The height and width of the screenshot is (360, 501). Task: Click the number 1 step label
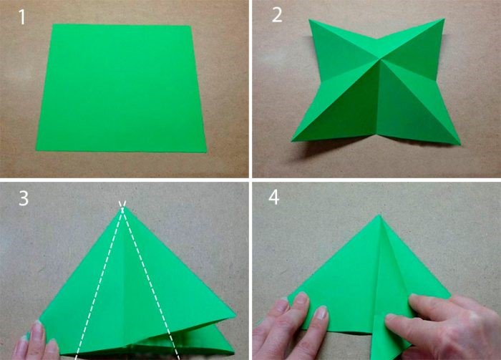tap(22, 17)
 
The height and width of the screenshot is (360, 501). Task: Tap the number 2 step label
tap(277, 15)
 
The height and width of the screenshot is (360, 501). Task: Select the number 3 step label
tap(24, 198)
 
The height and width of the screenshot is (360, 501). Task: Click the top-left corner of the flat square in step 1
tap(52, 24)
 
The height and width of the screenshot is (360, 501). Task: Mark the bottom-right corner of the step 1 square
tap(206, 152)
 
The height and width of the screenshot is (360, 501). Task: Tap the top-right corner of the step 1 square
tap(191, 26)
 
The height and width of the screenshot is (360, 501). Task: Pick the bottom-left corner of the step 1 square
tap(37, 150)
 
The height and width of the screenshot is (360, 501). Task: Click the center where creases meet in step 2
tap(380, 59)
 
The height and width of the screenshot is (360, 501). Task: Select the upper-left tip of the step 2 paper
tap(309, 20)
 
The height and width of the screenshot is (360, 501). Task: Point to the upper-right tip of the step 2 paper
tap(444, 19)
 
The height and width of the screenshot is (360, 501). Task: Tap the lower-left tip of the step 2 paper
tap(292, 140)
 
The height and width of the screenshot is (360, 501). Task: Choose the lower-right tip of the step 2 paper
tap(460, 145)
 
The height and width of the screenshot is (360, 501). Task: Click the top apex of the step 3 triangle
tap(122, 208)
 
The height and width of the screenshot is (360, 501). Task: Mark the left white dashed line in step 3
tap(99, 281)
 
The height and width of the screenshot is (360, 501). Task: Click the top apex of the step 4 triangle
tap(380, 215)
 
